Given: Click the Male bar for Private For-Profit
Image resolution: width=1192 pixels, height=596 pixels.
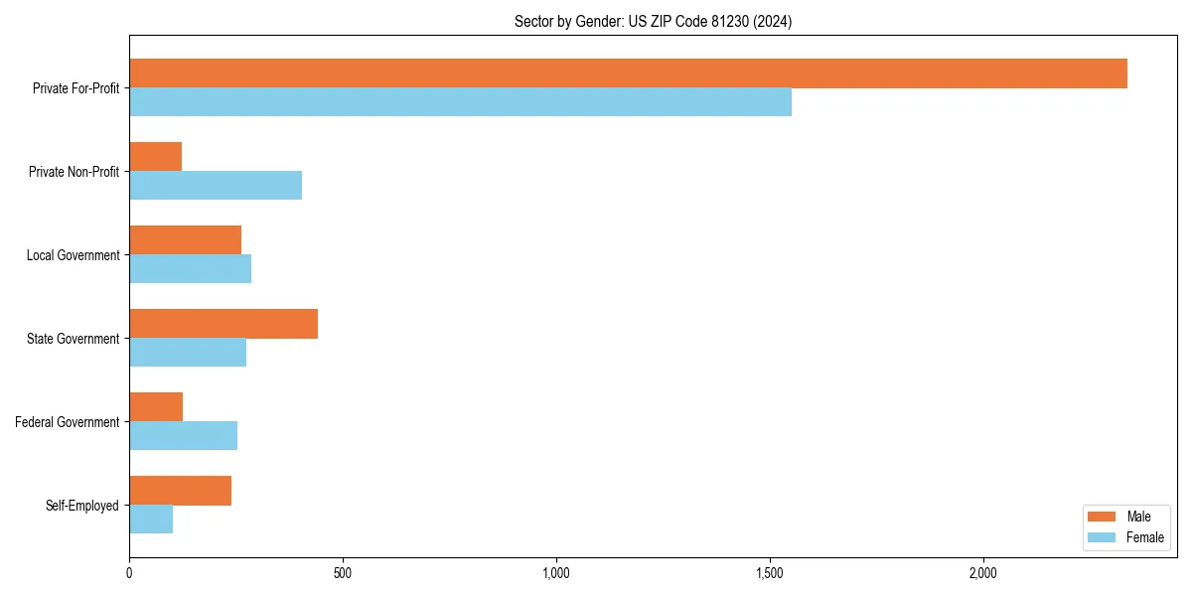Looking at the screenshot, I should tap(628, 74).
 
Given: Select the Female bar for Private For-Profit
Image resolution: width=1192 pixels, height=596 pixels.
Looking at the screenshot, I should tap(460, 102).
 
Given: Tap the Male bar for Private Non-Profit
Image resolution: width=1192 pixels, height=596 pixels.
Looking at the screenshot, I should tap(155, 157).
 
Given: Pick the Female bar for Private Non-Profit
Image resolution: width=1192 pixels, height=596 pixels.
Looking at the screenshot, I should tap(216, 186).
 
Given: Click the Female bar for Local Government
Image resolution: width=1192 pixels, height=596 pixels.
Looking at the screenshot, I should tap(190, 269).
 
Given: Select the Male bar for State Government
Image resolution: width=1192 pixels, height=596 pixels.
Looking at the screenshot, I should tap(223, 324).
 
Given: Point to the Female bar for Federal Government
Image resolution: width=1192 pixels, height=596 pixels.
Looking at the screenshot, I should tap(183, 436).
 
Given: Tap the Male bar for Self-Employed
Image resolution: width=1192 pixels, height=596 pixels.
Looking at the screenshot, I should tap(180, 491).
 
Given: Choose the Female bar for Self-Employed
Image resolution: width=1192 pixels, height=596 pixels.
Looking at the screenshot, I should tap(151, 520).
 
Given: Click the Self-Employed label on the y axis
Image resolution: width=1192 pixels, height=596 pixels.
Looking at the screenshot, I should tap(82, 506).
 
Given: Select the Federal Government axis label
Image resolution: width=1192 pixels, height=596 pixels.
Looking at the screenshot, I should tap(68, 422).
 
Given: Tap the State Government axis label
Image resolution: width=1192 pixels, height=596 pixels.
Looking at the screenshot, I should tap(74, 339).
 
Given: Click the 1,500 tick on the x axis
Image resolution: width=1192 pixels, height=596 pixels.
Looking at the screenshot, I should tap(770, 573).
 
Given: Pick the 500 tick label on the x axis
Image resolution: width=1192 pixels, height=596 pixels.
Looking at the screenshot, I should tap(343, 573).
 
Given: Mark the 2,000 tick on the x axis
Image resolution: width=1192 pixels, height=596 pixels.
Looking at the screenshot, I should tap(983, 573).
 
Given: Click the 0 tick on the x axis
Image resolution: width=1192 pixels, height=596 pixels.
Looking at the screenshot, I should tap(129, 573).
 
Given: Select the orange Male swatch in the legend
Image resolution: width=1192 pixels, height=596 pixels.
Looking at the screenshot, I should tap(1103, 517).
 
